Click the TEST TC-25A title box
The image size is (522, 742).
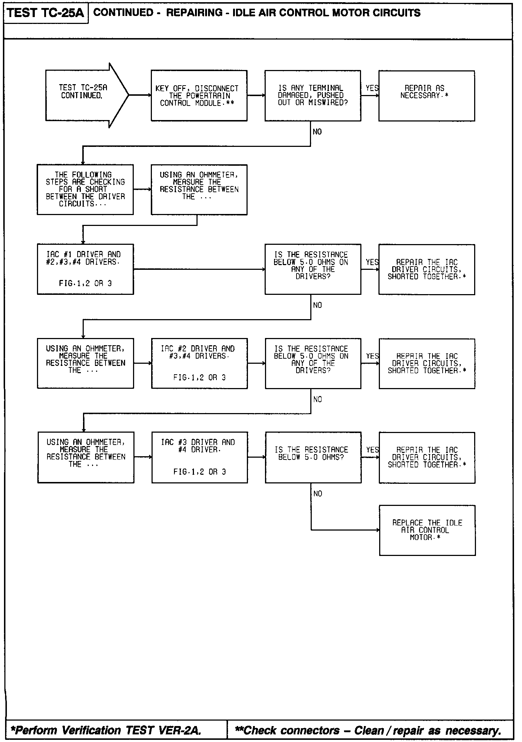[45, 13]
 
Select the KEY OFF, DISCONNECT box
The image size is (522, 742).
[199, 96]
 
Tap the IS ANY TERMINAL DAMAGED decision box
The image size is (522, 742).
[312, 96]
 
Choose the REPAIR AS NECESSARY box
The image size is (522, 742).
[426, 96]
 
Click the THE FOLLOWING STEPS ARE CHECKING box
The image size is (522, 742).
[85, 189]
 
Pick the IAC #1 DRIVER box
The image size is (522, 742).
[85, 269]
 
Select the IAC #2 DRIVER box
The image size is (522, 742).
[199, 363]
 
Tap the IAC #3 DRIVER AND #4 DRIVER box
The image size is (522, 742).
[199, 457]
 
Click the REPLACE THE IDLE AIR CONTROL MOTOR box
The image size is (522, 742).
[427, 530]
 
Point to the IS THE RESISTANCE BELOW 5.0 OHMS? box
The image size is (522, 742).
[313, 457]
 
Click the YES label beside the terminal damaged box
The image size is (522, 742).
[372, 88]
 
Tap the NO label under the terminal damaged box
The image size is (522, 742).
[317, 132]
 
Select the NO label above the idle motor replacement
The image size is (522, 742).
[318, 494]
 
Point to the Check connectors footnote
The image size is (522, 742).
[368, 730]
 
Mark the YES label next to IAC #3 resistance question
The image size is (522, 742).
[372, 450]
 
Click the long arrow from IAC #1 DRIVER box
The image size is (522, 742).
[199, 269]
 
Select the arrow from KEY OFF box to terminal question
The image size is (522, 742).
[256, 95]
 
